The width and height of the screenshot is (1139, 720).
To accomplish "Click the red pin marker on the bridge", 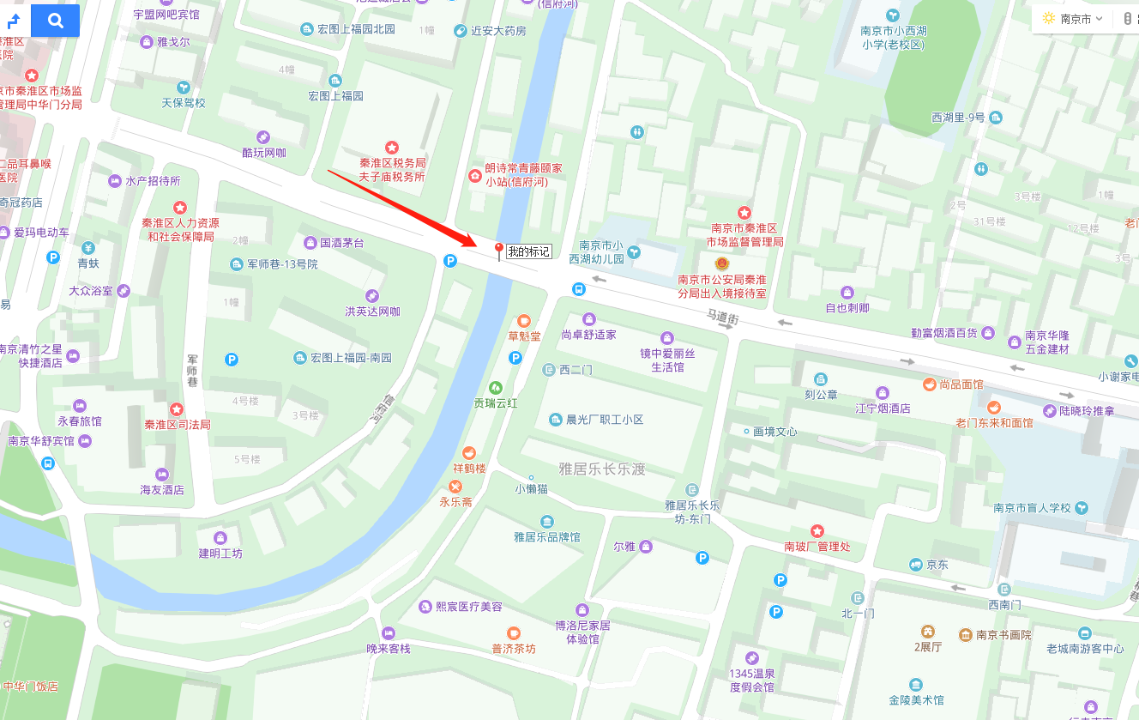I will point(498,250).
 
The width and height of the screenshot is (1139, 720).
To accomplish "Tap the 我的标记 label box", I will point(528,251).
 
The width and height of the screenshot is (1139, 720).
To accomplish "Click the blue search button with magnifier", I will point(56,21).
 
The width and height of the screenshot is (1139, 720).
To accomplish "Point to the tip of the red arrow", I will point(476,243).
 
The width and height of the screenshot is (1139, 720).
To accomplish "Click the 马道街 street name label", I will point(722,317).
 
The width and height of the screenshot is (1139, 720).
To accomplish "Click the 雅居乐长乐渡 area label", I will point(601,469).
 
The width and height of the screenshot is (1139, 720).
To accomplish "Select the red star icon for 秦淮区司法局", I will point(177,409).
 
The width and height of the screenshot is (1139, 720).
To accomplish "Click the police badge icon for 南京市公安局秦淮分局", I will point(721,263).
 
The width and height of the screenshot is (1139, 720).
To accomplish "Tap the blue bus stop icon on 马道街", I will point(579,289).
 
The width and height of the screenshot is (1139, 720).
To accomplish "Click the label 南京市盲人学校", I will point(1032,507).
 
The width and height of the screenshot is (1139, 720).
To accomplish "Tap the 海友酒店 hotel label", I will point(162,489).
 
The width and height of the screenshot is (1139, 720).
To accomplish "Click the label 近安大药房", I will point(498,31).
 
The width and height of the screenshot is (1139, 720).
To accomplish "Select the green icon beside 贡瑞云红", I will point(495,388).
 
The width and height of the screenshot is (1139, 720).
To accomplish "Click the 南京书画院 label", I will point(1003,635).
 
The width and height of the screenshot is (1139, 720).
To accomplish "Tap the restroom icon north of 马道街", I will point(636,132).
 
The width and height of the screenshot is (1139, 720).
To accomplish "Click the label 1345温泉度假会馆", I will point(752,680).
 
